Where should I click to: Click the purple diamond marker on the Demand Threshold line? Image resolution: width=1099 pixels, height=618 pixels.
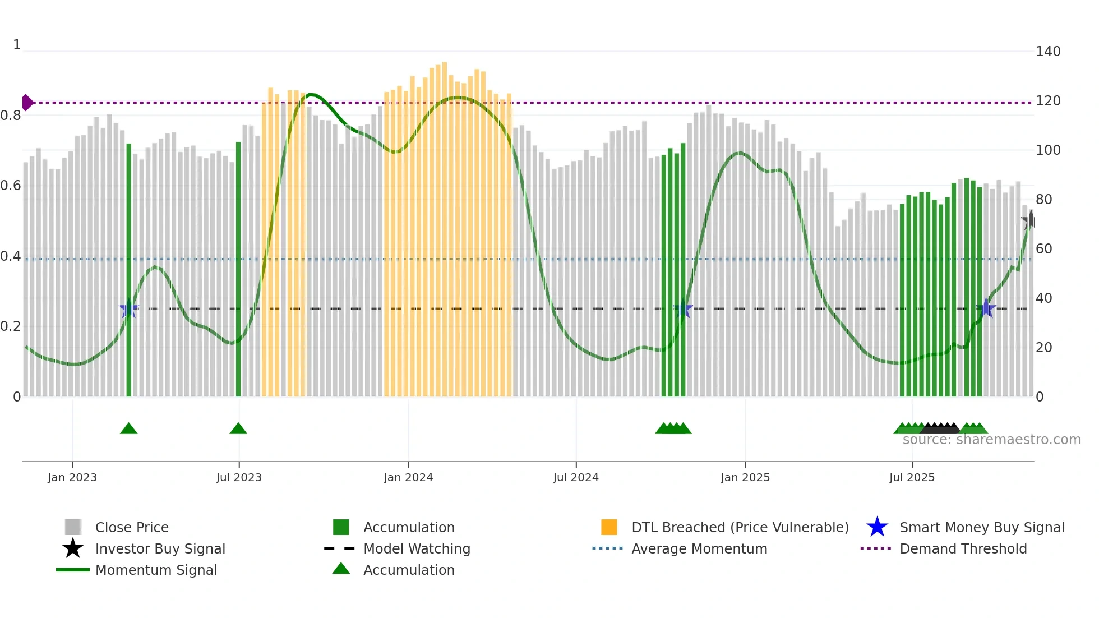27,103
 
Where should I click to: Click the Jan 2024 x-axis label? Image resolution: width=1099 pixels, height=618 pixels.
408,477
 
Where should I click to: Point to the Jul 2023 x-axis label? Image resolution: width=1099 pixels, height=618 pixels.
239,477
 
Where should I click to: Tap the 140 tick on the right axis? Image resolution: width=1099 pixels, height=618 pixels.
1047,52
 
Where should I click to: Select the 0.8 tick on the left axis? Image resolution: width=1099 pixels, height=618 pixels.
11,116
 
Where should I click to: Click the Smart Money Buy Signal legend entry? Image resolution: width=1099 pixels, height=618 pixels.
981,527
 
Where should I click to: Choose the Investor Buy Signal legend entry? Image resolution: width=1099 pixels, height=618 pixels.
160,548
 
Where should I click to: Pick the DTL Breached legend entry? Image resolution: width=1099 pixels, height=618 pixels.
740,527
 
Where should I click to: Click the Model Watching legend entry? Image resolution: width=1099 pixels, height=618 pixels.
416,548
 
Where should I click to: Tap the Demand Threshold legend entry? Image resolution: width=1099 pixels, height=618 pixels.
963,548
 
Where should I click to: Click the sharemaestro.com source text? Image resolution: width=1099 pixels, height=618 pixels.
991,440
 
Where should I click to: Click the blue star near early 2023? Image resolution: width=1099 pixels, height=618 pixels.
128,308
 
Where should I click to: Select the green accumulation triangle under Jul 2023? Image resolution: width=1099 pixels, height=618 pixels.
238,429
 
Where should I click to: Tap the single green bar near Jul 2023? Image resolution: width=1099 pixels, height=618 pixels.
238,269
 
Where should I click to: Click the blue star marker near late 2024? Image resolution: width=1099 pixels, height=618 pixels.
683,308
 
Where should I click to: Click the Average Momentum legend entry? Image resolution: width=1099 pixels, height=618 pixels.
699,548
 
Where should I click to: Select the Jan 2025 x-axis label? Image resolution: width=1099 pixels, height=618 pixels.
745,477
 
